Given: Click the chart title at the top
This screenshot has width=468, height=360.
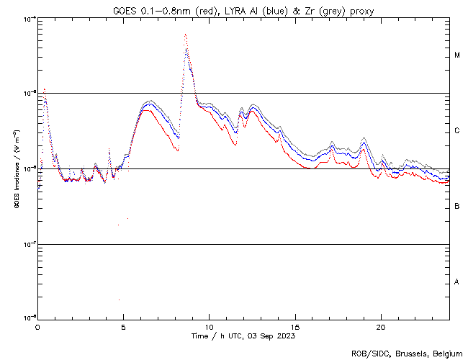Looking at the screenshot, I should click(243, 11).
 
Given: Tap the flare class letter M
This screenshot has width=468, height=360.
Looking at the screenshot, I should click(457, 55).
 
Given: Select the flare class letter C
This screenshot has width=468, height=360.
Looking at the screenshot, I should click(457, 131).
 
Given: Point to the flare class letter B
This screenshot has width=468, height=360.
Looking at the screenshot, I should click(457, 207).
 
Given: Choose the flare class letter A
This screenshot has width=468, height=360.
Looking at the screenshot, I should click(457, 282).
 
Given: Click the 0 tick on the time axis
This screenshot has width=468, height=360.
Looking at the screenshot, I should click(37, 326).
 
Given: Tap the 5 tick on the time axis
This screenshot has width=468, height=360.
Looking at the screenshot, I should click(123, 326).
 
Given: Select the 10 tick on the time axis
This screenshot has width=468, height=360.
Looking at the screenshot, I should click(209, 326).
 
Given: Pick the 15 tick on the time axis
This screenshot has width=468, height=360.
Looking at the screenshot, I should click(294, 326).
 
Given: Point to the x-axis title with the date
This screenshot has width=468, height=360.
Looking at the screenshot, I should click(243, 336).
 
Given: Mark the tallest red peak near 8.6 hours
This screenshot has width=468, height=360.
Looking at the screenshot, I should click(185, 35).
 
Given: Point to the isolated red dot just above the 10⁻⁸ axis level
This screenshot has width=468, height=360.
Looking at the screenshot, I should click(120, 300).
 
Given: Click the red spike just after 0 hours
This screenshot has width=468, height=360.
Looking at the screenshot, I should click(45, 90).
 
